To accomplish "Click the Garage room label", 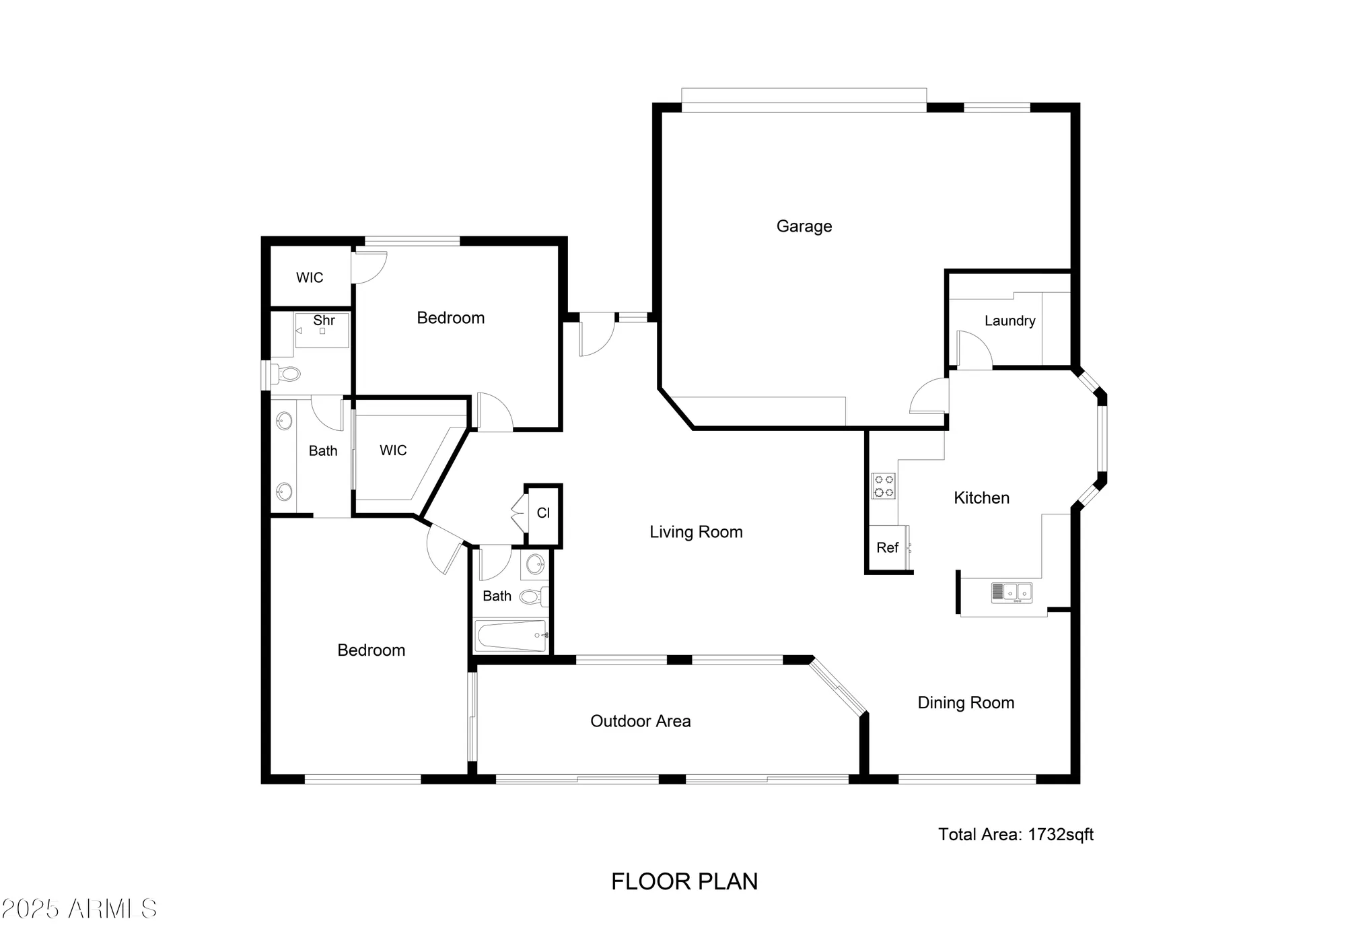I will tap(804, 226).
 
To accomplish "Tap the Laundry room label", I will tap(1010, 320).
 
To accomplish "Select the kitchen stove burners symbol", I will tap(884, 486).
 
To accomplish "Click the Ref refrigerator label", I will tap(887, 548).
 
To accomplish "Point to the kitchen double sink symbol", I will tap(1011, 592).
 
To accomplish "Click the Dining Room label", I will tap(966, 703).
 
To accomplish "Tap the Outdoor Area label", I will tap(640, 721).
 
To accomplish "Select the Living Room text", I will tap(696, 532).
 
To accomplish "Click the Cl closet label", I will tap(543, 513).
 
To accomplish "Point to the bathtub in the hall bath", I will tap(510, 636).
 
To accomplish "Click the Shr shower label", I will tap(324, 320).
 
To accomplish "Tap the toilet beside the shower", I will tap(288, 372).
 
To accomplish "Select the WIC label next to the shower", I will tap(310, 277).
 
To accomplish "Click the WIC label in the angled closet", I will tap(393, 450).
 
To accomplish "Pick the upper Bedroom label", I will tap(450, 318).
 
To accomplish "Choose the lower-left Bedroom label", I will tap(371, 650).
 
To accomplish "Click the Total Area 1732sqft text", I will tap(1016, 835).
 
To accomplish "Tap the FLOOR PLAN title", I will tap(684, 882).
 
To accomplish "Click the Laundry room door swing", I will tap(974, 350).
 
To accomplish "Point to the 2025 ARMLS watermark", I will tap(79, 910).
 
